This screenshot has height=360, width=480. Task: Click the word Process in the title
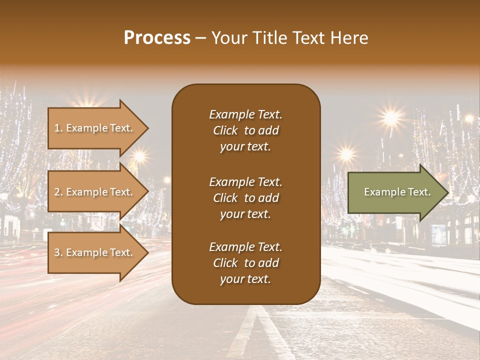pos(157,38)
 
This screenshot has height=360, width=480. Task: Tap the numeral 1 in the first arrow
pos(57,128)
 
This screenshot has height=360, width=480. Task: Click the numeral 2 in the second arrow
pos(57,192)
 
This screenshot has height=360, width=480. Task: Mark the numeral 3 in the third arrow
pos(57,252)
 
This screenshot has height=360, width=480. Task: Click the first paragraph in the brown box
pos(245,130)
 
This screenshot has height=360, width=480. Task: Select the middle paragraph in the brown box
pos(245,198)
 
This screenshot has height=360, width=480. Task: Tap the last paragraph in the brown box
pos(245,263)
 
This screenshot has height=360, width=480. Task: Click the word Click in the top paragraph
pos(225,130)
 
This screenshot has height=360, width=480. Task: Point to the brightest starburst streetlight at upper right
pos(391,117)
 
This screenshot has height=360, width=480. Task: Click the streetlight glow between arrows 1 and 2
pos(139,157)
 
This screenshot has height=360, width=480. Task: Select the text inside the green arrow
pos(397,192)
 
